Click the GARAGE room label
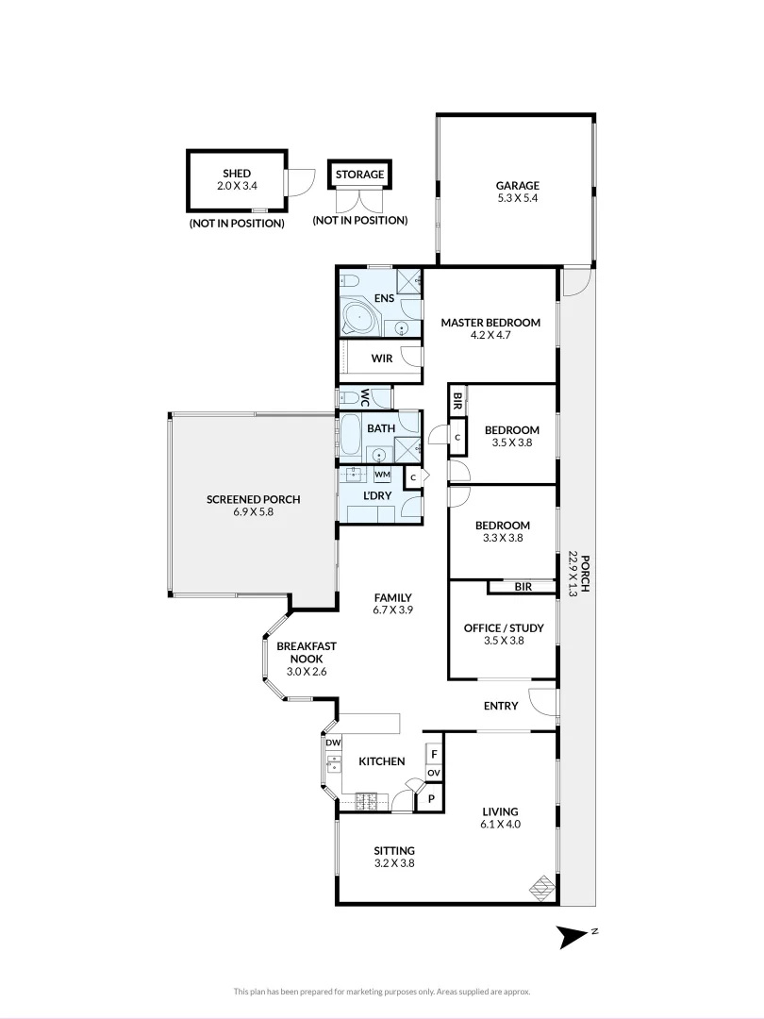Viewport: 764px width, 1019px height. [518, 186]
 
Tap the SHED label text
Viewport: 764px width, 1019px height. [237, 174]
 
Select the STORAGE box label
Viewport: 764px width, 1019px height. [359, 175]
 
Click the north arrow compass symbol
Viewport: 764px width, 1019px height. [573, 936]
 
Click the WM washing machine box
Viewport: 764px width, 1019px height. [383, 475]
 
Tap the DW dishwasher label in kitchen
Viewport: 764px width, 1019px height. [332, 743]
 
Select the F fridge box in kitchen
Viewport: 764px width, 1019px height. [433, 755]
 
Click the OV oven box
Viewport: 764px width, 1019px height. [433, 773]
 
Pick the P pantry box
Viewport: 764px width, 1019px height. [431, 798]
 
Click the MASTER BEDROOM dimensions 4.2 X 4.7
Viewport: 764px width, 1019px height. [490, 335]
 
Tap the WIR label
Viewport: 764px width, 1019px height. [381, 359]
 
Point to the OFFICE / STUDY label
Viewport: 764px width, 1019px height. [503, 627]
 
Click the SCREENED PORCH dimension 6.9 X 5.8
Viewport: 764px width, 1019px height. [253, 512]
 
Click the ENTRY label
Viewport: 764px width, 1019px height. [500, 706]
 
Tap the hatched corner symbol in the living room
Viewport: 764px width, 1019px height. [542, 887]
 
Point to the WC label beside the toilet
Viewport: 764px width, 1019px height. [364, 398]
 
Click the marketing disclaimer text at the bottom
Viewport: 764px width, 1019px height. [382, 992]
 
